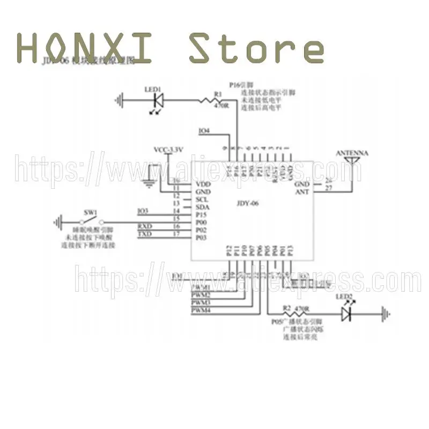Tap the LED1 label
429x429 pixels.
coord(153,89)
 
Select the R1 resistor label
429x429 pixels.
coord(218,94)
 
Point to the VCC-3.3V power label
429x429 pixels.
coord(169,150)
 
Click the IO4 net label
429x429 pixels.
coord(204,131)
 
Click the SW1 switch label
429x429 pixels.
coord(90,211)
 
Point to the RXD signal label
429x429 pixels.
coord(145,226)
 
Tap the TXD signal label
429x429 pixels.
coord(145,234)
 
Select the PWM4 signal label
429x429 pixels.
coord(201,310)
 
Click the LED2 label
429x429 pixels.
coord(344,297)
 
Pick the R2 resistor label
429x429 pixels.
coord(287,308)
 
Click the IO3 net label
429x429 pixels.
coord(143,211)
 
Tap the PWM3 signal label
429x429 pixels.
coord(201,303)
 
